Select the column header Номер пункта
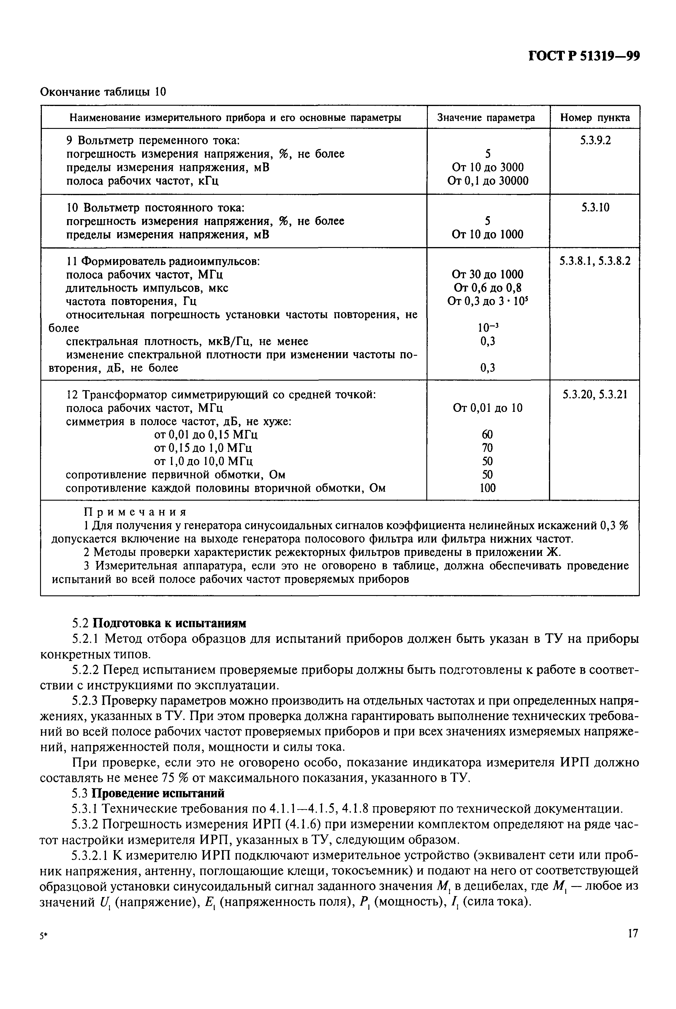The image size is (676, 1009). point(595,118)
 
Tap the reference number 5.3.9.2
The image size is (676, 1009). point(595,140)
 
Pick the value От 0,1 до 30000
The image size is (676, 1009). point(487,181)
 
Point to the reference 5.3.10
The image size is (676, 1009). point(595,208)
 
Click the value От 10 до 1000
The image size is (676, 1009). point(487,235)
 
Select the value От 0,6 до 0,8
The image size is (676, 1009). point(487,288)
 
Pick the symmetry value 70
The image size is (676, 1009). point(487,447)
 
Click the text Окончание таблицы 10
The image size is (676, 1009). point(103,92)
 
